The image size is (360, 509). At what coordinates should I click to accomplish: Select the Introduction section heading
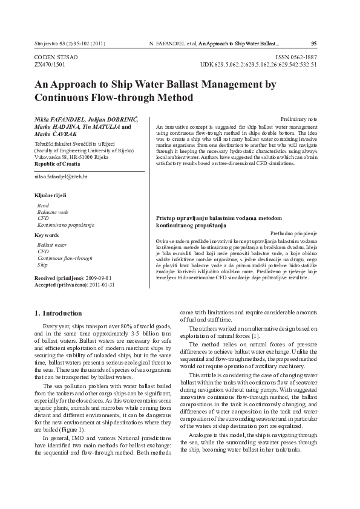tap(58, 313)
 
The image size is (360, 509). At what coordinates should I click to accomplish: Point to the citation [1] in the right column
tap(239, 336)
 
